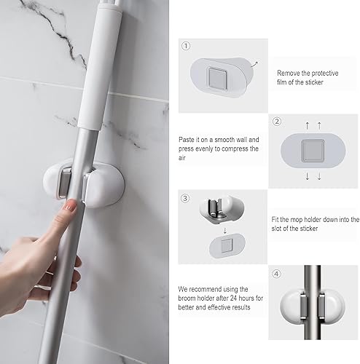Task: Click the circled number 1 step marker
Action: (x=187, y=45)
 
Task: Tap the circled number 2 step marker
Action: (x=278, y=122)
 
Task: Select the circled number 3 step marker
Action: (x=187, y=198)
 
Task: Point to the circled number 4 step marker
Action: (x=278, y=274)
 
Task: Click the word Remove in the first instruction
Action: (x=289, y=73)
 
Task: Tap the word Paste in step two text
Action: (x=187, y=138)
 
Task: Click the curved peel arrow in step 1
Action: (x=253, y=63)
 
